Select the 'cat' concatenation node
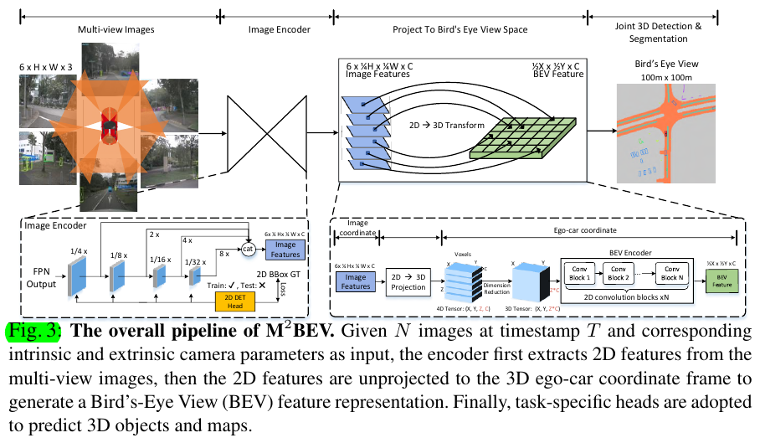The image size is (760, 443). click(x=249, y=249)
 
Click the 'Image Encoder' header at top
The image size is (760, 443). click(x=279, y=29)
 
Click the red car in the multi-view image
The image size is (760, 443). click(x=109, y=125)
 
